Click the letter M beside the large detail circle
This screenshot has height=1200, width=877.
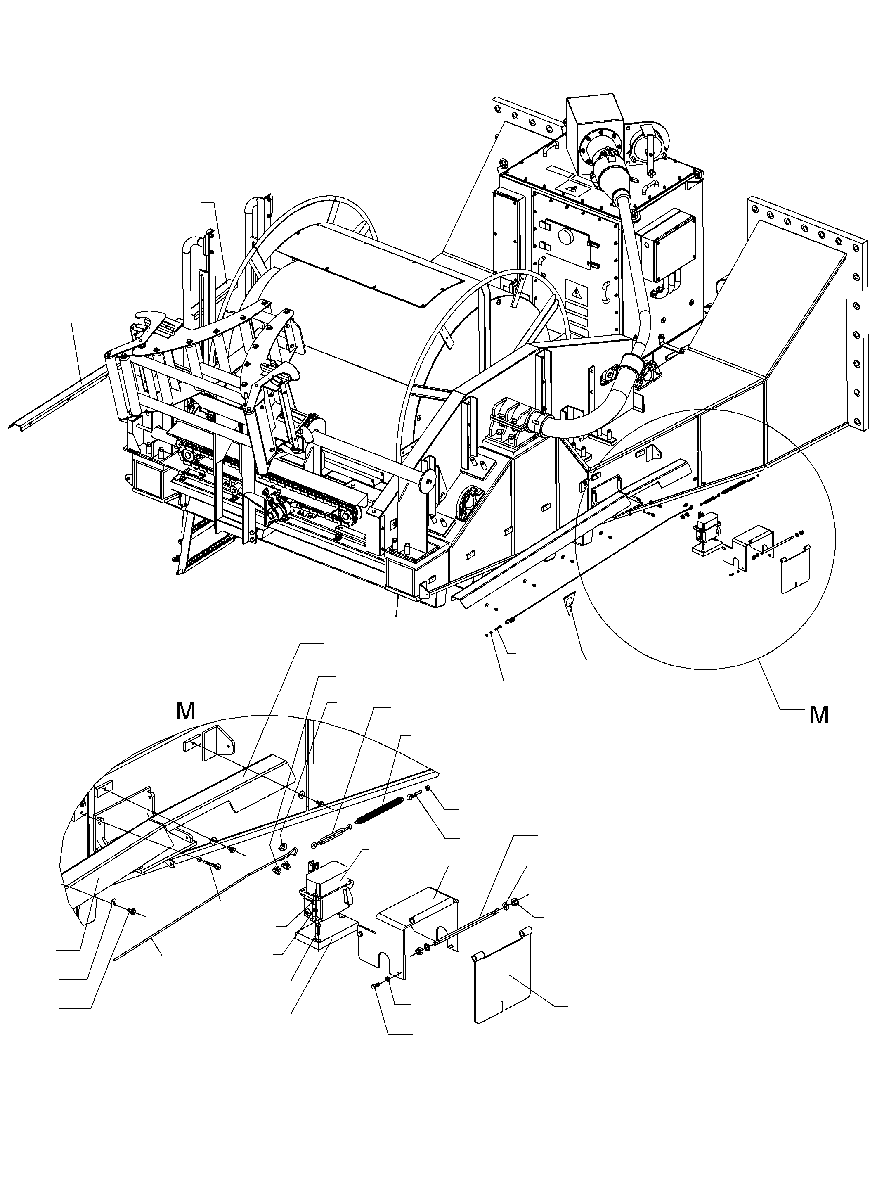(819, 716)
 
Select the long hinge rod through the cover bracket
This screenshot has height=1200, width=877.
(467, 918)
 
